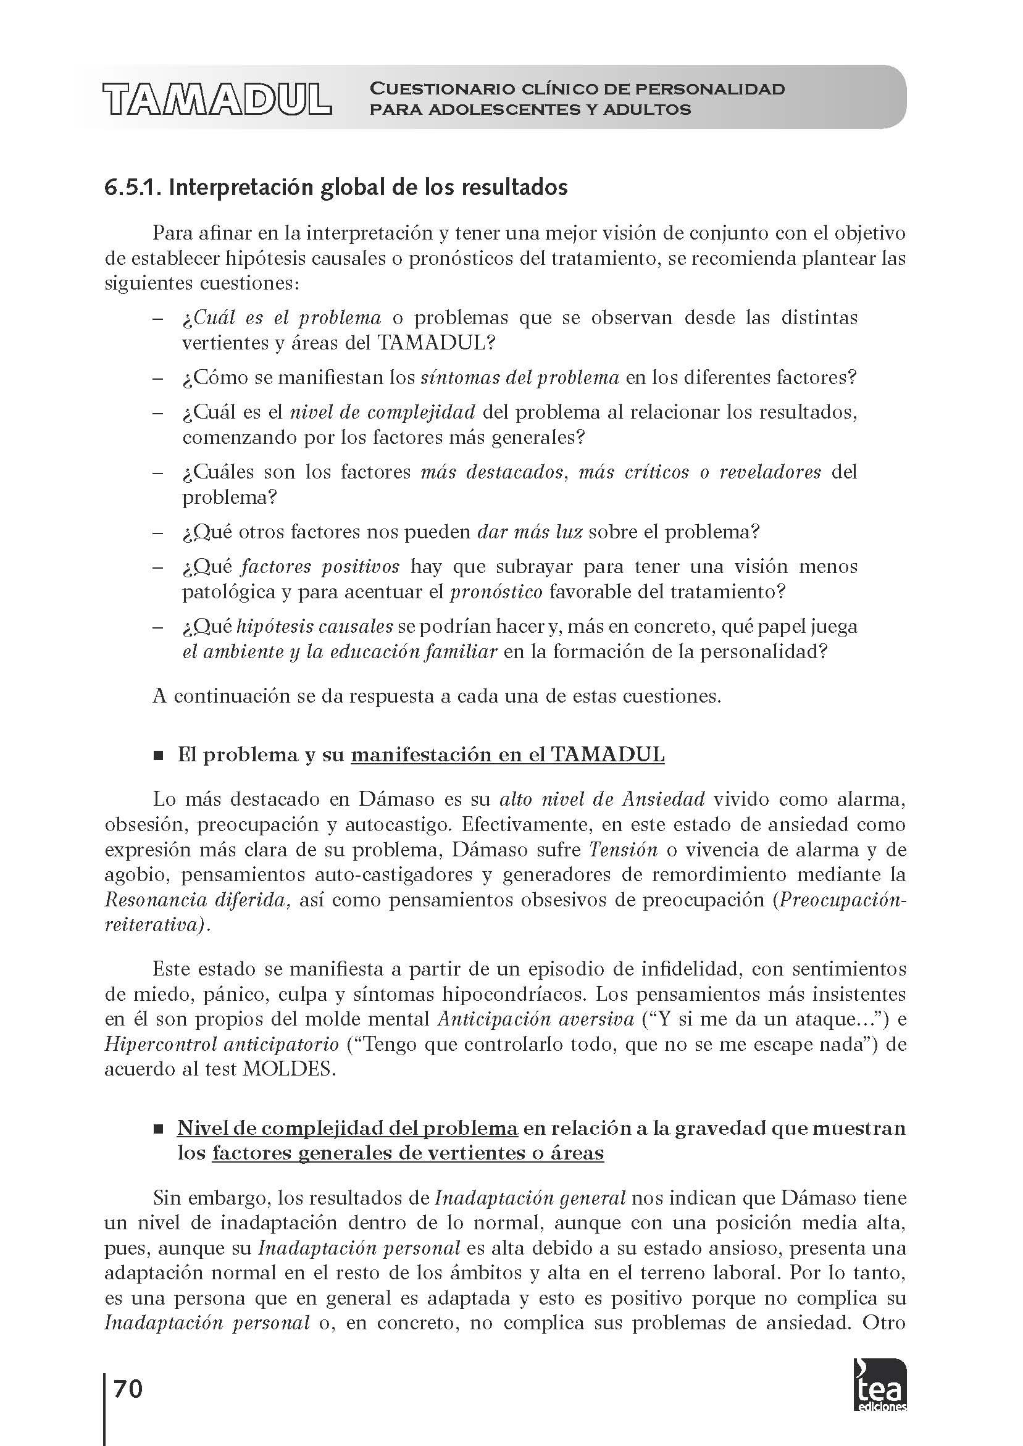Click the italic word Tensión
(x=623, y=850)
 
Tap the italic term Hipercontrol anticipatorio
(x=222, y=1044)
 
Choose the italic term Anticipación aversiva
(x=536, y=1019)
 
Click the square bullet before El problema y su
(x=158, y=755)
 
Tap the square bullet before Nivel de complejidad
(x=158, y=1129)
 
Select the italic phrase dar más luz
(x=530, y=532)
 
